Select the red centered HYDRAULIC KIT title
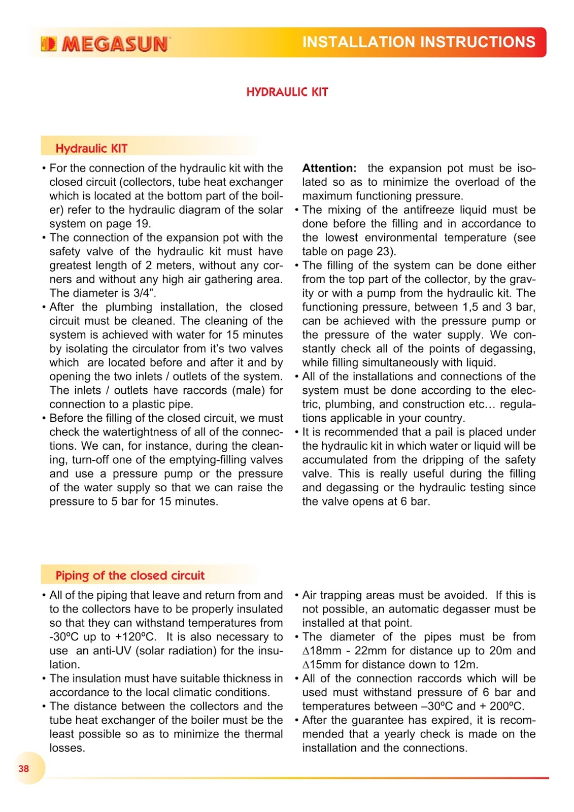(x=287, y=92)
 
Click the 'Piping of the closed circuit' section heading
(x=130, y=576)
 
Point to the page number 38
(x=24, y=768)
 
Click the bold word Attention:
(x=329, y=168)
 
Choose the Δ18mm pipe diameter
(x=322, y=651)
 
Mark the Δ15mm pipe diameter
(x=322, y=665)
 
